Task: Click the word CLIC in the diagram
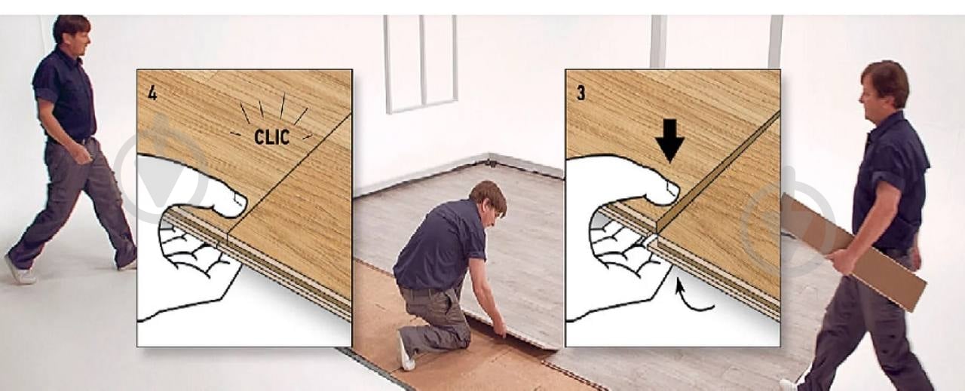[x=272, y=136]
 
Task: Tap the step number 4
[x=152, y=93]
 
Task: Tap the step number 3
[x=581, y=93]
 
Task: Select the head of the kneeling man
[x=488, y=199]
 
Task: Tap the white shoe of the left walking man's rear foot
[x=20, y=270]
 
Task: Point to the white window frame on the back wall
[x=420, y=64]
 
